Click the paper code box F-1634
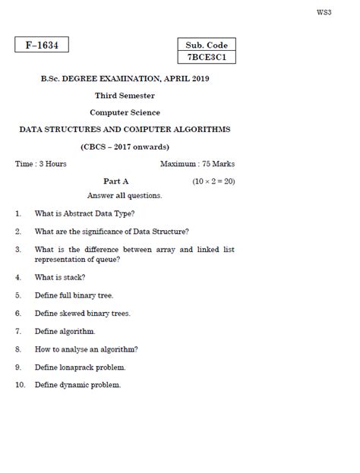click(42, 46)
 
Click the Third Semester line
click(125, 96)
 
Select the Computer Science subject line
click(125, 112)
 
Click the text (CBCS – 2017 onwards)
click(125, 147)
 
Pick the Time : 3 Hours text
click(41, 164)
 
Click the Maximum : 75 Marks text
click(197, 164)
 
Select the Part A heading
click(116, 181)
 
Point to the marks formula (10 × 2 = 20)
click(213, 181)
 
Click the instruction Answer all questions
click(125, 196)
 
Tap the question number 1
click(17, 214)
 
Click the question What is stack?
click(60, 277)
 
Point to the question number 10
click(21, 385)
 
